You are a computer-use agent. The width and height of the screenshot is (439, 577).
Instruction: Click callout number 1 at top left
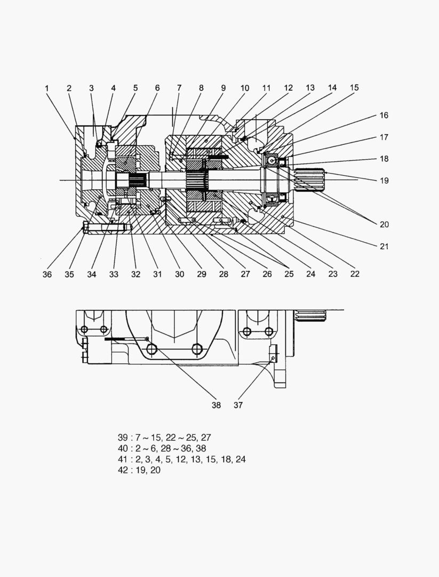(47, 88)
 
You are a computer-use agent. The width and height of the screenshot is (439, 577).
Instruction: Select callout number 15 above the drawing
(354, 88)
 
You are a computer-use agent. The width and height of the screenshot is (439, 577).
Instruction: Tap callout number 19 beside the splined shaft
(384, 181)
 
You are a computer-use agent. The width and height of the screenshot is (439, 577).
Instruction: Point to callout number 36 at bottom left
(47, 274)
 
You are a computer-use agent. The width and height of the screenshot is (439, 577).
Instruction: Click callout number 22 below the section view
(355, 274)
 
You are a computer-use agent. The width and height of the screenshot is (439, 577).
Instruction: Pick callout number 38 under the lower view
(216, 405)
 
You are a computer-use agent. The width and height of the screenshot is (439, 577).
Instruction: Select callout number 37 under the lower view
(238, 405)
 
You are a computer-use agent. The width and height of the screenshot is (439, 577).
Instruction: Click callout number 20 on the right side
(384, 224)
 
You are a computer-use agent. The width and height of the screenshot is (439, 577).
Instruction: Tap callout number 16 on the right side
(384, 115)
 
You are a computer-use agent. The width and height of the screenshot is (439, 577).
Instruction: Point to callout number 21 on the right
(384, 246)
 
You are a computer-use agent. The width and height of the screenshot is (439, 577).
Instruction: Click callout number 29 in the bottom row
(201, 274)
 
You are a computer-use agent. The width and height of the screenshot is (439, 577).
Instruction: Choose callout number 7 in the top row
(179, 88)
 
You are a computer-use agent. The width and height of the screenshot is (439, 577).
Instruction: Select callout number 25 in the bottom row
(289, 274)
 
